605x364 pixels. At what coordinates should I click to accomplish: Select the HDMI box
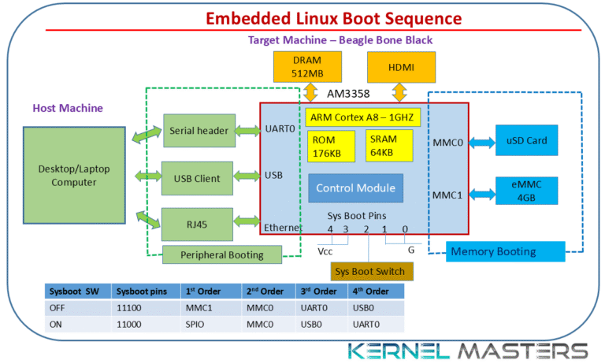tap(401, 68)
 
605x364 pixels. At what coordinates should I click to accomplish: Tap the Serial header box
tap(198, 130)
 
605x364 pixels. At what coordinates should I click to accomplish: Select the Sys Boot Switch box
tap(370, 272)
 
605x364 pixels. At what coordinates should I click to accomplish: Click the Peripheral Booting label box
tap(222, 254)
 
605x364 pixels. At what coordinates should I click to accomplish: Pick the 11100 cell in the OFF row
tap(130, 308)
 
